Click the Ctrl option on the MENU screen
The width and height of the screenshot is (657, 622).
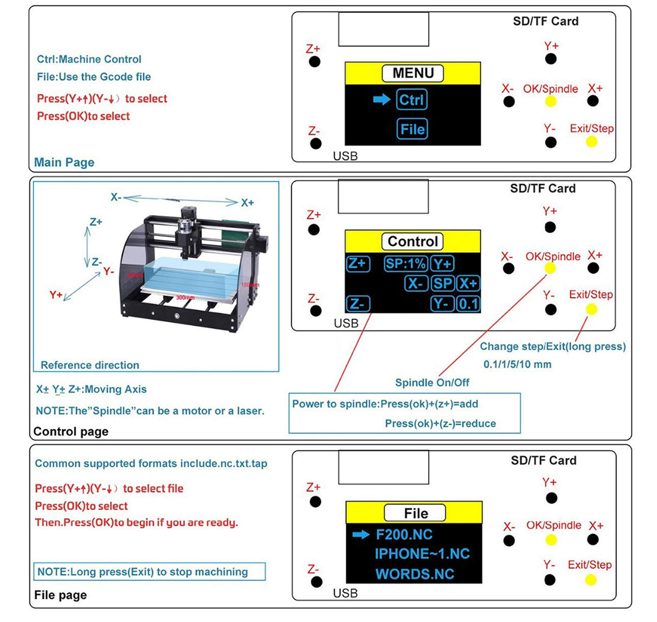click(412, 100)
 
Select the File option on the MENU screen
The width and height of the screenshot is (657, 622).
click(412, 129)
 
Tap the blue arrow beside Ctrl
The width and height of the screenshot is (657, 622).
click(382, 99)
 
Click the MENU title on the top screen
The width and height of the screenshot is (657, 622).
click(413, 73)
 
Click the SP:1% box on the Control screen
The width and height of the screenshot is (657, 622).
click(405, 264)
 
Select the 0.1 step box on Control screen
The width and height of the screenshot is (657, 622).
click(468, 303)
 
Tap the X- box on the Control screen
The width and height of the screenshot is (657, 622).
click(416, 283)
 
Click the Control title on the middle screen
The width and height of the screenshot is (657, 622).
click(412, 241)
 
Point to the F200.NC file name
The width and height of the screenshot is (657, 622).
click(404, 535)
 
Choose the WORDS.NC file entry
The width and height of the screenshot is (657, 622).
click(415, 574)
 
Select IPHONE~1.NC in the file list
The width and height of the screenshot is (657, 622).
click(422, 554)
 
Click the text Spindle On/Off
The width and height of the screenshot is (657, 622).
click(432, 382)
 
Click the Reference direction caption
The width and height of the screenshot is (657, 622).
click(90, 365)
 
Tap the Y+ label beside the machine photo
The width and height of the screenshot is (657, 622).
click(56, 294)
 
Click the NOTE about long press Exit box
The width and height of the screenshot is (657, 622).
click(149, 572)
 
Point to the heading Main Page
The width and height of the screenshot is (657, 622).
click(64, 162)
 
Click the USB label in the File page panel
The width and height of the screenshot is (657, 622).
click(345, 593)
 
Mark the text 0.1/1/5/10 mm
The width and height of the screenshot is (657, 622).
click(517, 364)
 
